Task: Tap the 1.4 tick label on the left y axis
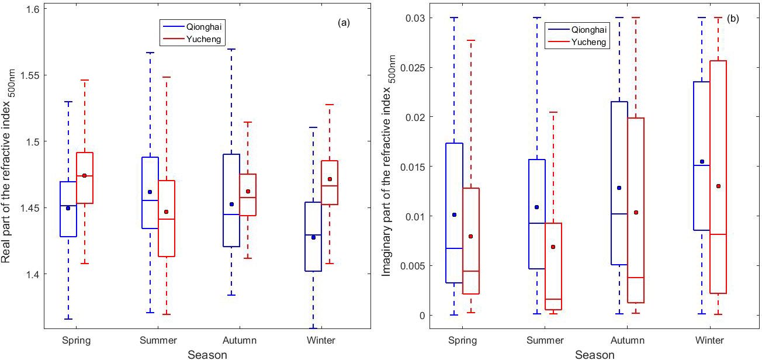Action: coord(34,274)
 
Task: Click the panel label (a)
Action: coord(344,23)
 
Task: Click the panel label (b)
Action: coord(733,18)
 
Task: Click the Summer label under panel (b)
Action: coord(546,340)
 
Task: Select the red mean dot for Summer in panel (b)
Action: coord(553,247)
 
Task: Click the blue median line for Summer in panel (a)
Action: coord(150,200)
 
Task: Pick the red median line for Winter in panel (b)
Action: coord(718,234)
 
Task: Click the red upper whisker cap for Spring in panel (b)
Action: coord(470,40)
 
